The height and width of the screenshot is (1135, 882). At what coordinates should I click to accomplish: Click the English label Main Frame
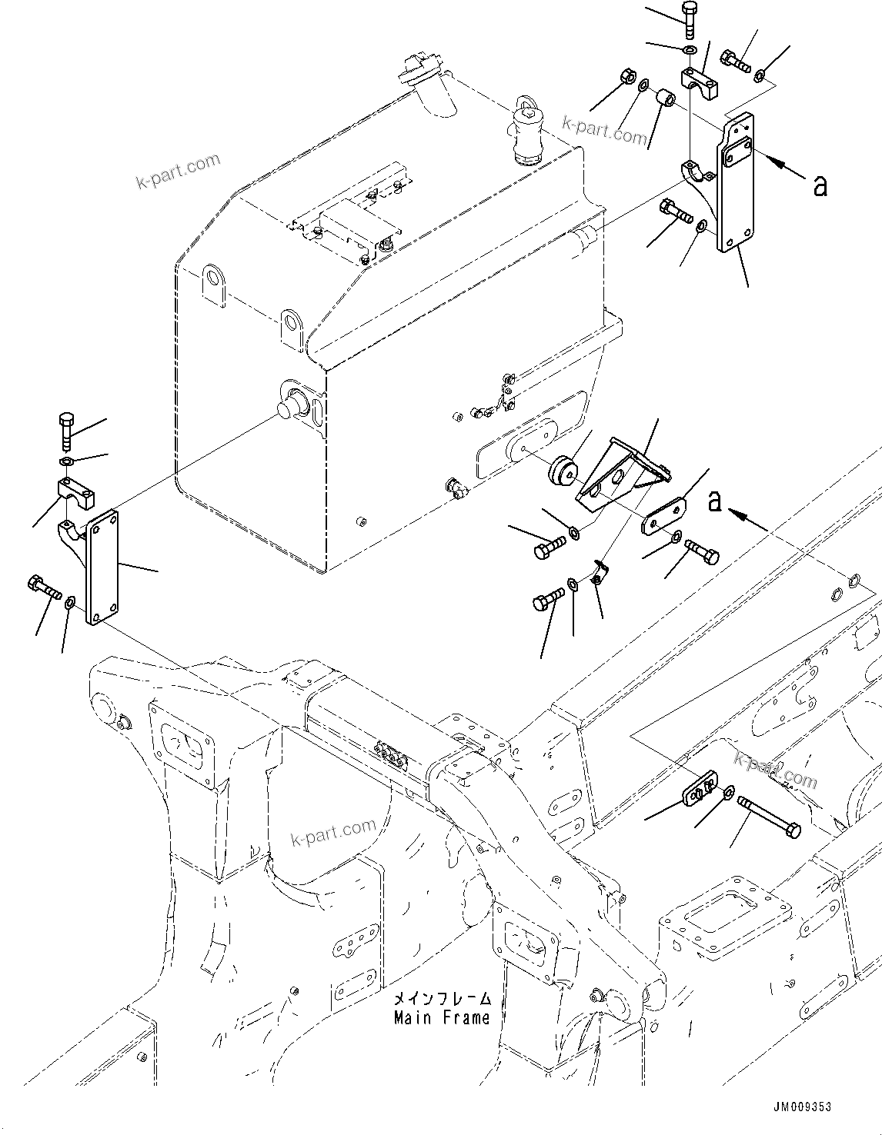point(442,1018)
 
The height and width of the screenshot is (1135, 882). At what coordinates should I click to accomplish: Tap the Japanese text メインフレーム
point(442,999)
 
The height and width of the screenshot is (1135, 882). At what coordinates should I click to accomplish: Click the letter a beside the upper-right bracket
point(820,185)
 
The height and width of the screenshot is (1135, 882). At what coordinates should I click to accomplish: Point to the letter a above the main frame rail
point(715,501)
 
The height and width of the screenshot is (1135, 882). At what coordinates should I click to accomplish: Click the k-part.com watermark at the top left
point(178,171)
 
